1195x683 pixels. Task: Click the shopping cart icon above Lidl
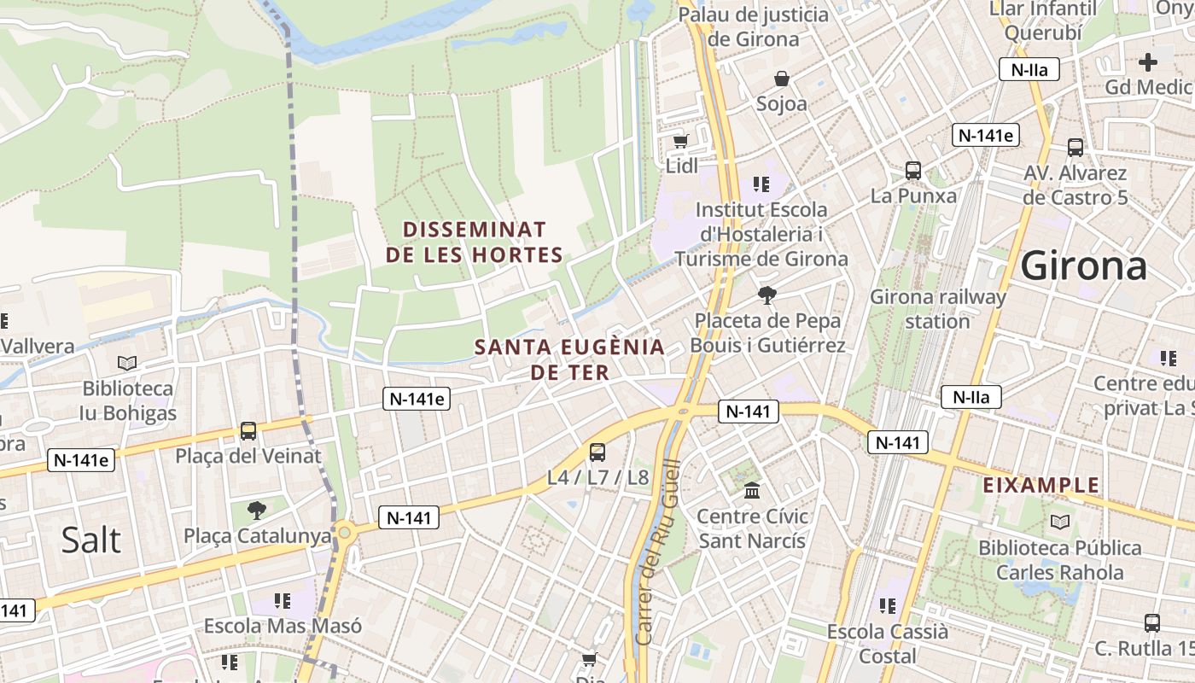[680, 141]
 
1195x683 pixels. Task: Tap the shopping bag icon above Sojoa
[781, 79]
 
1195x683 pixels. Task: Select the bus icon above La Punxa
[913, 171]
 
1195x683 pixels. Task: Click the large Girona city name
[1084, 266]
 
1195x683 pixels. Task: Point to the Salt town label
[90, 540]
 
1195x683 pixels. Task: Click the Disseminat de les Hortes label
[474, 242]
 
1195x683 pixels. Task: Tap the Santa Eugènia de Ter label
[569, 359]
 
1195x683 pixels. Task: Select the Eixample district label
[1041, 486]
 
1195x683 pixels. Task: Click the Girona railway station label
[937, 309]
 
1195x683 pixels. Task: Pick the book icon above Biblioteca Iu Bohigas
[127, 363]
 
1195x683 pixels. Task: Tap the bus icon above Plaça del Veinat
[248, 431]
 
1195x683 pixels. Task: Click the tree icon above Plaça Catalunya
[256, 511]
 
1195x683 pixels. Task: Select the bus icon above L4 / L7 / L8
[597, 452]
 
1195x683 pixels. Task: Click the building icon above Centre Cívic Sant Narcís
[752, 491]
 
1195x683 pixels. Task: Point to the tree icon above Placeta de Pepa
[767, 295]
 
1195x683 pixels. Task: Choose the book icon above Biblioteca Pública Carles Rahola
[1060, 522]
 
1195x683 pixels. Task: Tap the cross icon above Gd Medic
[1148, 61]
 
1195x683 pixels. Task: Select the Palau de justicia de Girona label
[754, 26]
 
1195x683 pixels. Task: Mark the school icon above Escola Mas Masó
[283, 601]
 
